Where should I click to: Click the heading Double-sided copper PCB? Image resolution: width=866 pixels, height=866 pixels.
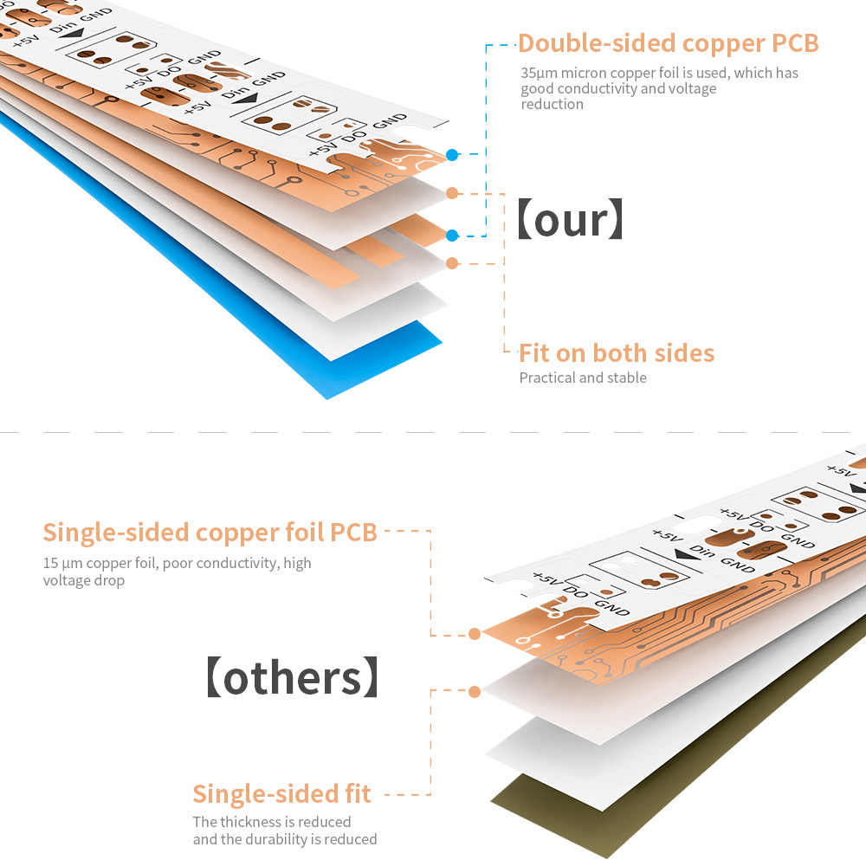pos(668,43)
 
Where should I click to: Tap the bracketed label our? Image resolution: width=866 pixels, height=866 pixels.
pos(569,221)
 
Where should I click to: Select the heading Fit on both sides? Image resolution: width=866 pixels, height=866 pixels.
pos(617,353)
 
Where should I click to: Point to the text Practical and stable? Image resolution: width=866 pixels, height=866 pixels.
pos(583,378)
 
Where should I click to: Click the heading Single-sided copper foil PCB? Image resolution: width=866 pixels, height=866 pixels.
pos(210,532)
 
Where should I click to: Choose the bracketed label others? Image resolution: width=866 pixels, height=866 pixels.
pos(292,678)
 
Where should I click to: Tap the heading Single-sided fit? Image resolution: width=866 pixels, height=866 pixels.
pos(281,794)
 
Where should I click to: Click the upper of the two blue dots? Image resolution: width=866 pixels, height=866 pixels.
pos(452,154)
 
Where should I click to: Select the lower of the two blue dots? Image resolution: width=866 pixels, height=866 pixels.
pos(452,235)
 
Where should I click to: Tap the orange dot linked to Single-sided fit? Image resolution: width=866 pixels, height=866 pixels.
pos(475,692)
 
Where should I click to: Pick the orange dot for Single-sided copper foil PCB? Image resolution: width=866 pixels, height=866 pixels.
pos(475,634)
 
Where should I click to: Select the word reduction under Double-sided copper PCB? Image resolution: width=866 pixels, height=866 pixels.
pos(552,105)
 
